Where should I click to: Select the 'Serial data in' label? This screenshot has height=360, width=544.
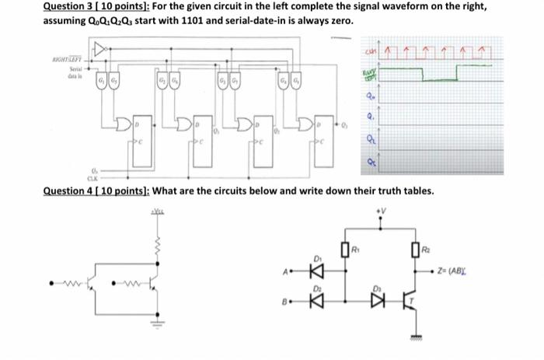[x=61, y=74]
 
